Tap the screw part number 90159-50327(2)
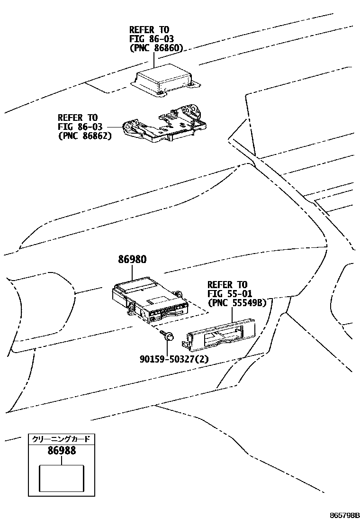click(x=174, y=359)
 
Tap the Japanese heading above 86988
click(x=61, y=439)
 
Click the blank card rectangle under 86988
click(x=61, y=478)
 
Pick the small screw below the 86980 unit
click(x=168, y=336)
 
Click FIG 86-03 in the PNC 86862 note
click(x=78, y=127)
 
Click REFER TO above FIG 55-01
click(x=227, y=284)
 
